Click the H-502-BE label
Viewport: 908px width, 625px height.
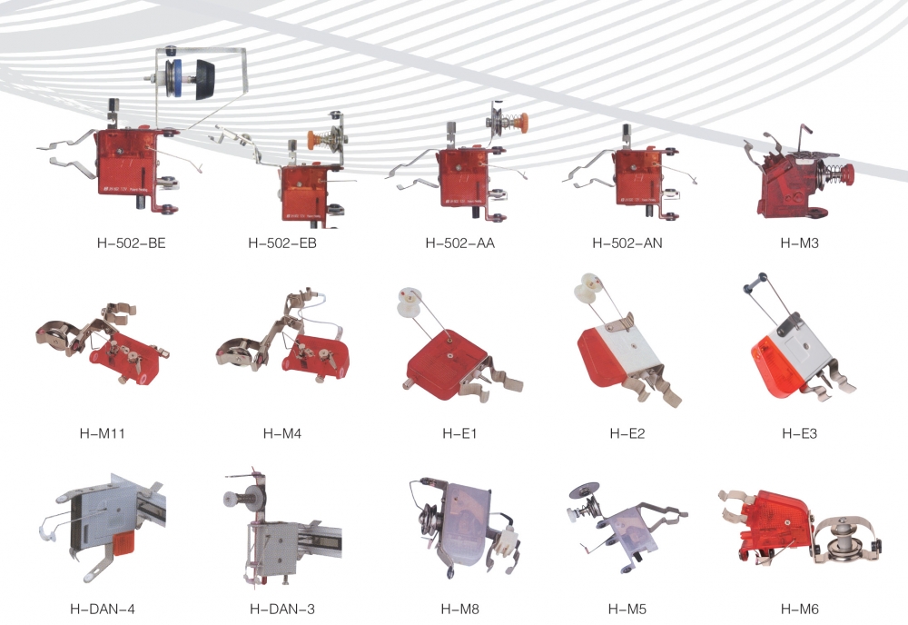131,243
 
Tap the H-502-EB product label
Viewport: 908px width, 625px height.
282,243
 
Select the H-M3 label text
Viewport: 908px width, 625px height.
799,243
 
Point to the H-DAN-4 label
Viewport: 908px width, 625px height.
103,609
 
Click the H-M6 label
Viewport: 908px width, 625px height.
799,609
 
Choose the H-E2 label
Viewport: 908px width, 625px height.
627,433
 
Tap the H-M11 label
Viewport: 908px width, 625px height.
102,433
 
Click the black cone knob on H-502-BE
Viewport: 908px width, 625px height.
205,79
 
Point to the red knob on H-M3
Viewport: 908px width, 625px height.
848,173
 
